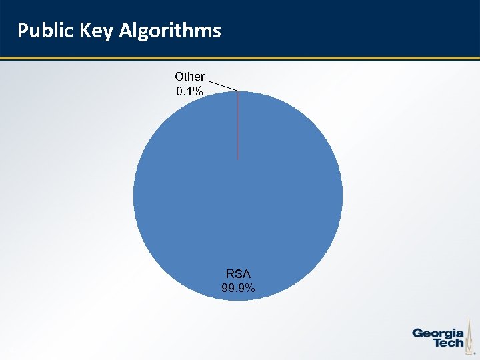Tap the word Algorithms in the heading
pos(170,31)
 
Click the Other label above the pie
pos(189,77)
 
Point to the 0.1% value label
pos(189,91)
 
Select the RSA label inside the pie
pos(238,273)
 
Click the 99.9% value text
pos(238,288)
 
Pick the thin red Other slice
pos(238,127)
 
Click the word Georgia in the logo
pos(438,333)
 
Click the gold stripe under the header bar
pos(240,59)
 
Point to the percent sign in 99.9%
pos(250,288)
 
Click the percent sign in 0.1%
pos(199,91)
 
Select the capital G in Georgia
pos(418,333)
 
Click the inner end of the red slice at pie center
pos(238,158)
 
